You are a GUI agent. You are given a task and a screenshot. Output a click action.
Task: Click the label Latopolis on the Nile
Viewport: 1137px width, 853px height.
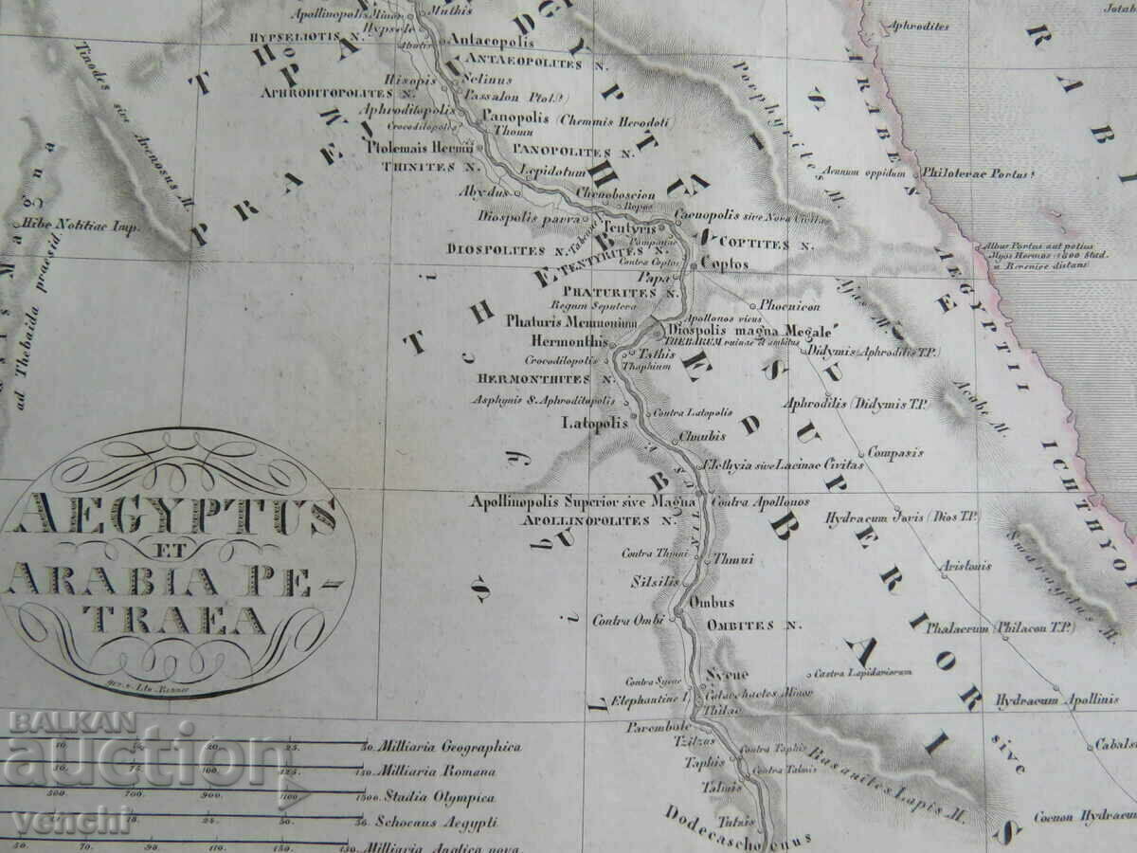(x=594, y=423)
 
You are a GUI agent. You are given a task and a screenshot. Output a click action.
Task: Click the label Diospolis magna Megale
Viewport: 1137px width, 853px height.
(x=747, y=331)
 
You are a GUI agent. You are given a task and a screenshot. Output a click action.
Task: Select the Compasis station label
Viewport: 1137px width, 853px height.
(x=894, y=452)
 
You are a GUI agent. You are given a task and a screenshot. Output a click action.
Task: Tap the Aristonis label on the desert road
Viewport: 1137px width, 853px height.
(x=966, y=566)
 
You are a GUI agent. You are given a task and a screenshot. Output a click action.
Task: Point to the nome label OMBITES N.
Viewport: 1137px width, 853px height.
(x=754, y=625)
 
